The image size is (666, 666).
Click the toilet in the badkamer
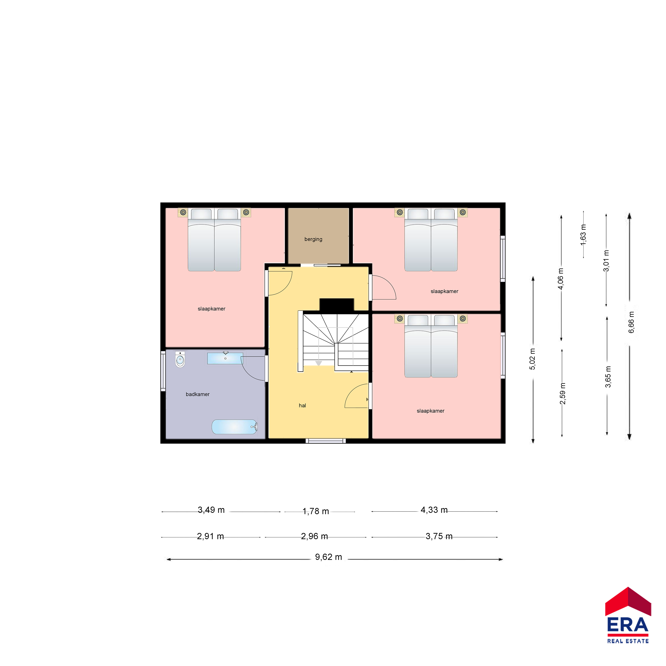(180, 359)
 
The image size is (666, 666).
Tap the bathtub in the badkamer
(234, 427)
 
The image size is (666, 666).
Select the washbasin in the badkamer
(225, 358)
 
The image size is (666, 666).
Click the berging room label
(313, 239)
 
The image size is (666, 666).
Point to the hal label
(302, 405)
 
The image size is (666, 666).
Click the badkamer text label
(198, 394)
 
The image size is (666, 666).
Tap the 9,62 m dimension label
(329, 557)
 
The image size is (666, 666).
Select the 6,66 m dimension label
(631, 322)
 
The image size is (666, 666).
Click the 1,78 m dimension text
(316, 511)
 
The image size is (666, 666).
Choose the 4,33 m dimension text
(434, 510)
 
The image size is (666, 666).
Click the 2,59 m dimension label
(563, 393)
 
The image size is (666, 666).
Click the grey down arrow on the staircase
(318, 363)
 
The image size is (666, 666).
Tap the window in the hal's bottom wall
(326, 441)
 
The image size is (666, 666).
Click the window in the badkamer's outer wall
(163, 371)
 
